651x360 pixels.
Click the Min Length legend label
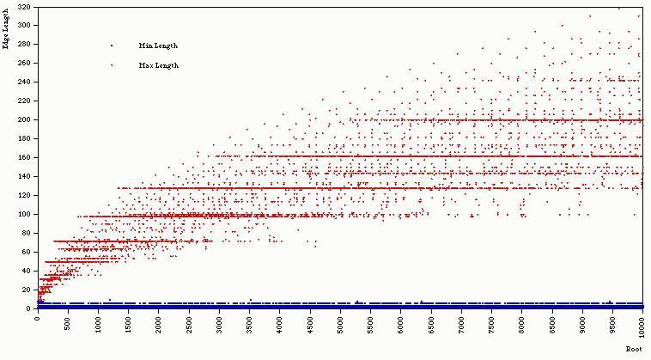click(x=158, y=46)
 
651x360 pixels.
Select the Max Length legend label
click(x=158, y=65)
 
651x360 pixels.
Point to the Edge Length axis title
click(x=7, y=26)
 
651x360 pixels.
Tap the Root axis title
click(x=635, y=349)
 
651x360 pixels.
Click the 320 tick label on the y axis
click(x=23, y=7)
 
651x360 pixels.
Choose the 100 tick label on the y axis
click(x=23, y=214)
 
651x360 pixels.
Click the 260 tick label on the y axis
click(x=23, y=64)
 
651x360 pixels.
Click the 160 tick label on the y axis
click(x=23, y=157)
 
